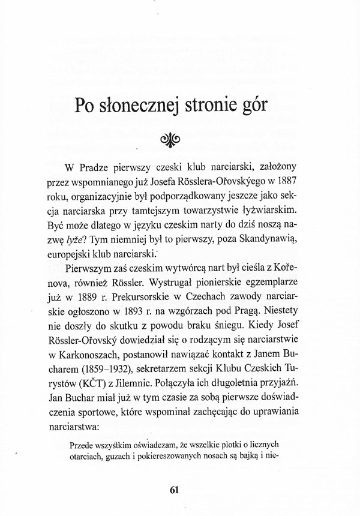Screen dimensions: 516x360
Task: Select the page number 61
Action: [175, 488]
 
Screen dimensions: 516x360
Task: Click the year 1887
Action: [279, 181]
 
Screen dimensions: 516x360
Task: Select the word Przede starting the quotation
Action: [84, 446]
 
